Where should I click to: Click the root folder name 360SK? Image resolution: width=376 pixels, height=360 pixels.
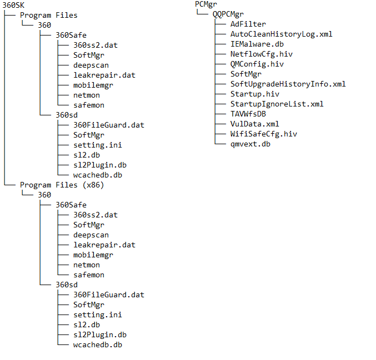[13, 5]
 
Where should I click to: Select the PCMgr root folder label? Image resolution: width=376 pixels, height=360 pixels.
[206, 4]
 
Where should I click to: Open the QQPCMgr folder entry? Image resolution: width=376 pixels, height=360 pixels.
[228, 14]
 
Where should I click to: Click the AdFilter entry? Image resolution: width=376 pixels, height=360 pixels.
[248, 24]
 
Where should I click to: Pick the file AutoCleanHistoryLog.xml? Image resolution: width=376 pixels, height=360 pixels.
[282, 34]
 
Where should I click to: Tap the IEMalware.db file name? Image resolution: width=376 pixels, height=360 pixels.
[257, 44]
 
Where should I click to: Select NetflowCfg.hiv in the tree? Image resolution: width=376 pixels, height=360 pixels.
[262, 54]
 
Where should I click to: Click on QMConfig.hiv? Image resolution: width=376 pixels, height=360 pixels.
[257, 64]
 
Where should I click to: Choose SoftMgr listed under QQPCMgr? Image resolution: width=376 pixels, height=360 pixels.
[246, 74]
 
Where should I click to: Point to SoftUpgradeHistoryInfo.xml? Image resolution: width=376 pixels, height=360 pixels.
[288, 84]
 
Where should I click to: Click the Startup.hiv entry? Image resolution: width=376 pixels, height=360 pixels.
[255, 94]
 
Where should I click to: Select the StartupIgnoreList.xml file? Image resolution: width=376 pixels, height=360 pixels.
[277, 104]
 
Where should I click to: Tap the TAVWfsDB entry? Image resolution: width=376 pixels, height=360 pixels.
[248, 114]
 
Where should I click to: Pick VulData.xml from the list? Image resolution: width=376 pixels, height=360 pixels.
[255, 124]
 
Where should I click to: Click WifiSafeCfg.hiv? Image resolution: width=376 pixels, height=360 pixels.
[264, 134]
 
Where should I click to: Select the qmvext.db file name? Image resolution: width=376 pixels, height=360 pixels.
[250, 144]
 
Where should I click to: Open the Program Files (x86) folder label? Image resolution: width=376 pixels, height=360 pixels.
[62, 185]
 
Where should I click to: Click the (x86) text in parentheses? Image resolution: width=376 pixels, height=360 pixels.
[93, 185]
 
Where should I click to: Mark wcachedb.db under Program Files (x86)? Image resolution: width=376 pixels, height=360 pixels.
[98, 345]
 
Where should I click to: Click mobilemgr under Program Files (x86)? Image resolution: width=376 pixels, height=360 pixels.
[93, 255]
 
